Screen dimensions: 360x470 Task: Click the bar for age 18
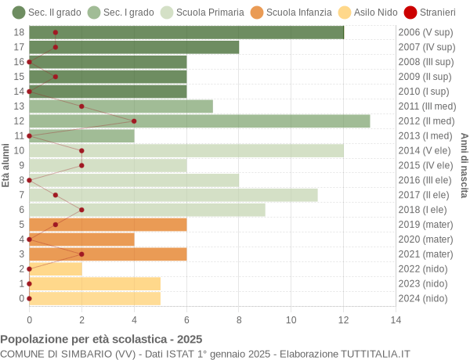[x=186, y=32]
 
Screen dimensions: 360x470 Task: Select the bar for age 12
[x=200, y=121]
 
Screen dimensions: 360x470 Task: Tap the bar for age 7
[x=173, y=195]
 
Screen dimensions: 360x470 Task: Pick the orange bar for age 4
[x=81, y=239]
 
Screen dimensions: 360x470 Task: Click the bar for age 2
[x=56, y=268]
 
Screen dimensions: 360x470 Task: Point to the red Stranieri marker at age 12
[x=134, y=121]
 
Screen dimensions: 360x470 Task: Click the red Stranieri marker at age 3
[x=81, y=254]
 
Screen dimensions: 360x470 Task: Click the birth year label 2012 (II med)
[x=426, y=121]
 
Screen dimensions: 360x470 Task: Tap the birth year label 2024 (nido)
[x=423, y=298]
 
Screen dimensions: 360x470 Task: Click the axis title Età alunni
[x=6, y=165]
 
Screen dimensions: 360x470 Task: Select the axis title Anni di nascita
[x=464, y=165]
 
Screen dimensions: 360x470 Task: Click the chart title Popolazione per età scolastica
[x=101, y=340]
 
